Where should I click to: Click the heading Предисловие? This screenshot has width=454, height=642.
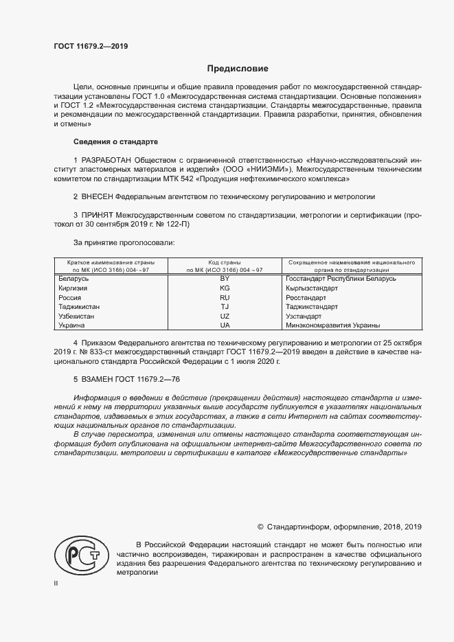[238, 69]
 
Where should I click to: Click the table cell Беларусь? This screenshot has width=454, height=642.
[74, 279]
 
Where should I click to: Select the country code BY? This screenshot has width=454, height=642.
[224, 279]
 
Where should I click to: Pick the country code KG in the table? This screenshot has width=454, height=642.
[224, 288]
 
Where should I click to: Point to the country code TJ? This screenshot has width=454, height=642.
[224, 307]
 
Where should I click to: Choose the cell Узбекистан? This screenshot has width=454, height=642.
[76, 316]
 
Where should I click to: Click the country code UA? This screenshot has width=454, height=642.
[224, 325]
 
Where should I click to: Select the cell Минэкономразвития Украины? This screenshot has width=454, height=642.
[333, 325]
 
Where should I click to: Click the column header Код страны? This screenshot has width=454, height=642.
[224, 262]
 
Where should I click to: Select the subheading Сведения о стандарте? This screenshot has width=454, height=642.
[115, 141]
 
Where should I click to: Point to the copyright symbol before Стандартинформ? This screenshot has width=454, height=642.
[260, 527]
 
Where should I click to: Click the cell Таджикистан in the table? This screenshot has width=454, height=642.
[79, 307]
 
